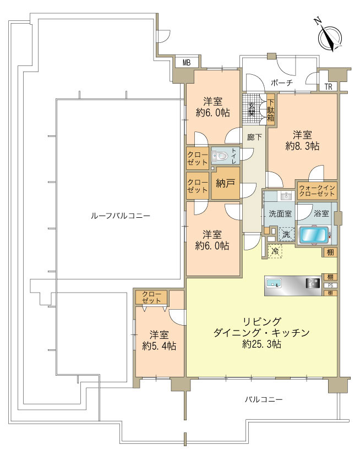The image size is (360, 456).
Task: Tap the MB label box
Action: click(187, 63)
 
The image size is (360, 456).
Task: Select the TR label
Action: click(329, 86)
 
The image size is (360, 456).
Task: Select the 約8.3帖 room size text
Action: click(303, 146)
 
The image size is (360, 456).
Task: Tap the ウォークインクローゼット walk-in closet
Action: click(317, 191)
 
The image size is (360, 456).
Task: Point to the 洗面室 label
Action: click(280, 213)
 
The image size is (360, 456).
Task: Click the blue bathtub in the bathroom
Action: click(315, 235)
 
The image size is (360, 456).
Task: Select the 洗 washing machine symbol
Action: click(286, 234)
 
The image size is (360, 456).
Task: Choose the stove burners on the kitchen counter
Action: click(313, 283)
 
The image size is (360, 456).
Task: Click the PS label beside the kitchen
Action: click(330, 285)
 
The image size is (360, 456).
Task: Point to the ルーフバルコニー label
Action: click(120, 216)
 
